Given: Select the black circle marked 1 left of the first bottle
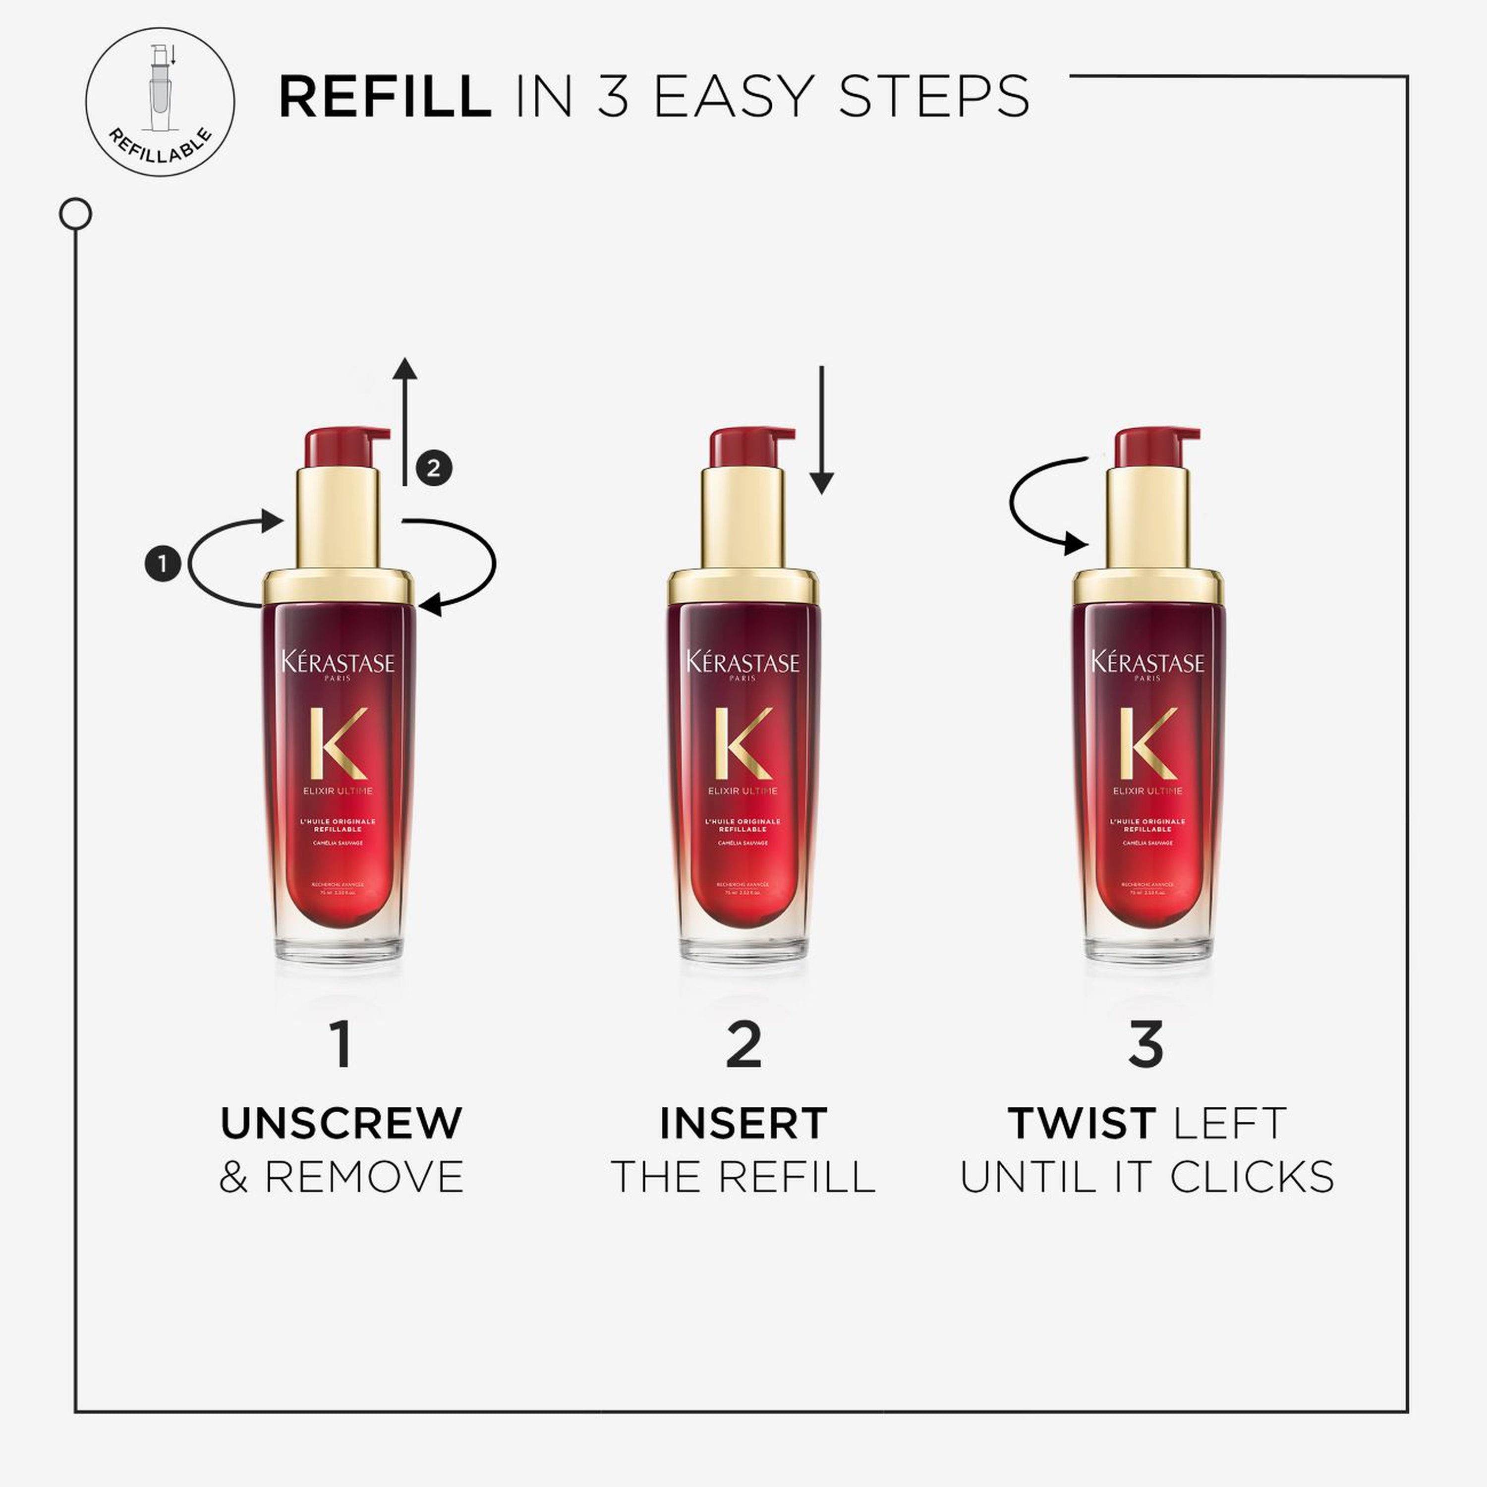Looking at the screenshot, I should (x=163, y=564).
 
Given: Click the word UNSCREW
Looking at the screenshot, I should (x=341, y=1123).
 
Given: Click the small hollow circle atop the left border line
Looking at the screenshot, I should (x=75, y=214).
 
